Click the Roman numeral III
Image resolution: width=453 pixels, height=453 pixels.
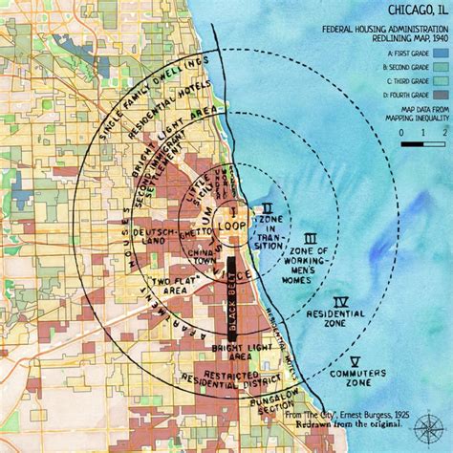coord(309,239)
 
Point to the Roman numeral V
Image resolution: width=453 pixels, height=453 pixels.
coord(355,361)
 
